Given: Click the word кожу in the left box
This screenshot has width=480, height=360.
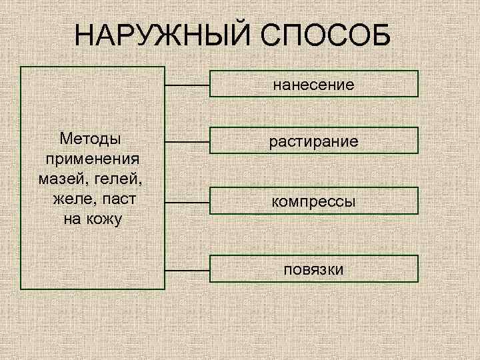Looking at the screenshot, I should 105,219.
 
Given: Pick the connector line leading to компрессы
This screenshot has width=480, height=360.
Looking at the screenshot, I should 187,201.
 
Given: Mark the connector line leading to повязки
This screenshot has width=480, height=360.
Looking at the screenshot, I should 187,270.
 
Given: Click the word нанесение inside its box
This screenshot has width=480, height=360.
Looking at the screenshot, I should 313,85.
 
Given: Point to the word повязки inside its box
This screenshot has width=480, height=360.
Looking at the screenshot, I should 313,269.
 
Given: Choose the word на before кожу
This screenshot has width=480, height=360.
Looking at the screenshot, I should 73,219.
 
